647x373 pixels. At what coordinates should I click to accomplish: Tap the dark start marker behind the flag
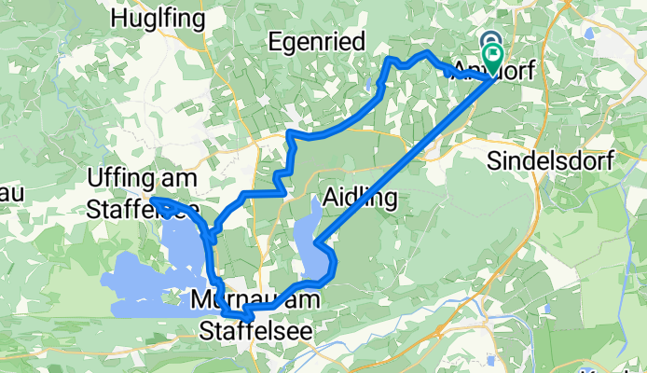tap(489, 42)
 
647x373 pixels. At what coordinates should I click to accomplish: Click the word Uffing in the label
tap(115, 176)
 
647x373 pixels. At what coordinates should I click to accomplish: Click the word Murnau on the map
tap(229, 300)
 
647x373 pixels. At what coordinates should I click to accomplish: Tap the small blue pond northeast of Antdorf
tap(590, 35)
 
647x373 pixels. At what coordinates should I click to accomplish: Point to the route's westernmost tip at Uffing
tap(153, 200)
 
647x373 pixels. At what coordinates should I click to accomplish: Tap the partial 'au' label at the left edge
tap(9, 193)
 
